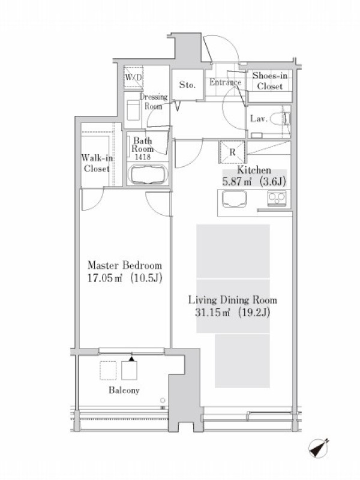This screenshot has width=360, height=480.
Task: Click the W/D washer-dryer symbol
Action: (x=133, y=78)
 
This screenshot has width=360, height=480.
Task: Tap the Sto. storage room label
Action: (x=187, y=85)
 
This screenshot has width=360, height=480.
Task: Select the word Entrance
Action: (x=226, y=82)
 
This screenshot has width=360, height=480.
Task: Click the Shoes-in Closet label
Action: (x=269, y=81)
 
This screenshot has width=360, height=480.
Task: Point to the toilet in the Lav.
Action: (x=281, y=119)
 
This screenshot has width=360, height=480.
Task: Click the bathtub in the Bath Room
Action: (x=148, y=175)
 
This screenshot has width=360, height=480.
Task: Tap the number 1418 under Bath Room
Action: (x=142, y=157)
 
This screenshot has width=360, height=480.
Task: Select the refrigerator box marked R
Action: (x=232, y=152)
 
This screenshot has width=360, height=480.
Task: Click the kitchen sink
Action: (x=234, y=199)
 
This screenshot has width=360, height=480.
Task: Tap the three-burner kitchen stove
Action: (x=277, y=199)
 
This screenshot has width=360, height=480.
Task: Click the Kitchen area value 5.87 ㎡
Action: (x=237, y=182)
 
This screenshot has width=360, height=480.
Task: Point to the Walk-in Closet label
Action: (x=97, y=163)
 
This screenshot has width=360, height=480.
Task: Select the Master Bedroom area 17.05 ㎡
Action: (x=105, y=278)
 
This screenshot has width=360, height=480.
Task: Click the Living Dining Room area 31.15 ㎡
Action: (x=213, y=313)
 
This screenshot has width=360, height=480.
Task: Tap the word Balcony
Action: (x=124, y=391)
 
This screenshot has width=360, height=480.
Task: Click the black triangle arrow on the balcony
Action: (x=131, y=358)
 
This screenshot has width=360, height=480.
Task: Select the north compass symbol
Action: (x=319, y=448)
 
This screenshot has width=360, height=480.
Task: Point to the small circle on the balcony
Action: (x=163, y=400)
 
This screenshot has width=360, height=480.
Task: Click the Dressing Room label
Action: (x=154, y=101)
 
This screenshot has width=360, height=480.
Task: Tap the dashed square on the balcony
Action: (x=108, y=370)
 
